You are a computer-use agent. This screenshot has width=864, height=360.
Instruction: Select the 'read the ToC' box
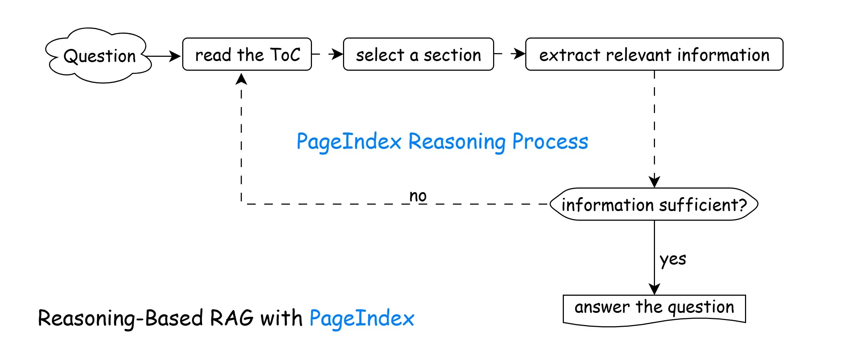(247, 54)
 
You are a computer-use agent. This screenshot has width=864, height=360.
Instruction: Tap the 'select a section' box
(418, 54)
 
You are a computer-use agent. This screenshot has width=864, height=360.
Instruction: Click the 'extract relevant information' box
(654, 54)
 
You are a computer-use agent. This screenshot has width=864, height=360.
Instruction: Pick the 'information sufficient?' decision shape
(654, 204)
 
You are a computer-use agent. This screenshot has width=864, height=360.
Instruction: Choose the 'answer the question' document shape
(654, 308)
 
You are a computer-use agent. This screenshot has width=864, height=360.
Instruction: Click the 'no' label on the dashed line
(418, 196)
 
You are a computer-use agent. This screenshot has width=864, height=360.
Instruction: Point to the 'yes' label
(672, 259)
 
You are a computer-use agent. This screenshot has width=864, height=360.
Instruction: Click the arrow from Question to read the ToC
(163, 56)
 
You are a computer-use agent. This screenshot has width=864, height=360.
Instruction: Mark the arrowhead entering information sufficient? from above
(654, 181)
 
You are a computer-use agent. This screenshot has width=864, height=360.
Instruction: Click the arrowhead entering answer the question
(654, 289)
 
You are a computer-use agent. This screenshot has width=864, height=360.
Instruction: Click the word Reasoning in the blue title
(457, 142)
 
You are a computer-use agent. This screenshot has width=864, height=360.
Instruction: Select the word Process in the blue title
(550, 142)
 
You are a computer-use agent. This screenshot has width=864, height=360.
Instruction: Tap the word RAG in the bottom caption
(232, 318)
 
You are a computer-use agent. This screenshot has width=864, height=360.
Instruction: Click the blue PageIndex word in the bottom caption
(362, 318)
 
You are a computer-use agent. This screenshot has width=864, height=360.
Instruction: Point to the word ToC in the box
(285, 55)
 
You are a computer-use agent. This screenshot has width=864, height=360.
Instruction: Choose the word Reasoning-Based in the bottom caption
(120, 318)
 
